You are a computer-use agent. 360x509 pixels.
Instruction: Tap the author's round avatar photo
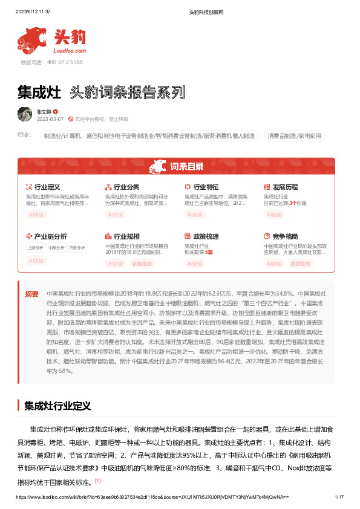[24, 114]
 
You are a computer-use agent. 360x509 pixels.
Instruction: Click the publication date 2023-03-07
[50, 120]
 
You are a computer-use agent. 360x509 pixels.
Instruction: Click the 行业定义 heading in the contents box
[47, 187]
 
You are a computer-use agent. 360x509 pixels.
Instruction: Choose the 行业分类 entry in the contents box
[126, 187]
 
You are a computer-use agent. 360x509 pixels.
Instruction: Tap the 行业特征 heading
[205, 187]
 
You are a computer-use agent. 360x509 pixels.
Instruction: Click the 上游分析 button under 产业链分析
[36, 247]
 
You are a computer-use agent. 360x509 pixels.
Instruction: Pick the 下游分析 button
[77, 247]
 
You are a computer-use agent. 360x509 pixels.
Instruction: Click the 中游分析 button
[56, 247]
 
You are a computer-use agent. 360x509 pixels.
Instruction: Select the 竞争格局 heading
[284, 236]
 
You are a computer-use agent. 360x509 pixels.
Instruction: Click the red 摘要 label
[31, 293]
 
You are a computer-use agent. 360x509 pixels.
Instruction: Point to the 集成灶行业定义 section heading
[57, 405]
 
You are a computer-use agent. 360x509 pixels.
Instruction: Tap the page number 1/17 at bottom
[339, 497]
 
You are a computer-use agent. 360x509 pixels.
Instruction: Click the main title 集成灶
[39, 92]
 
